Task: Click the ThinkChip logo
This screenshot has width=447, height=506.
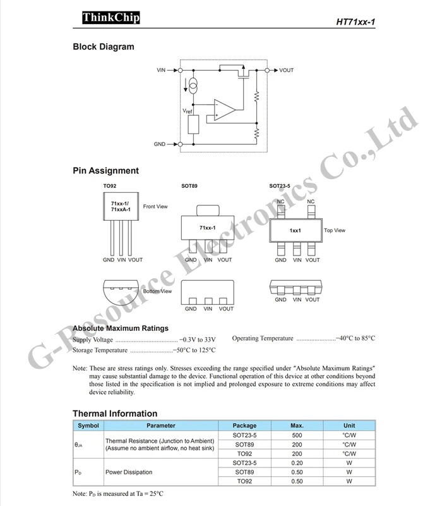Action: pyautogui.click(x=110, y=18)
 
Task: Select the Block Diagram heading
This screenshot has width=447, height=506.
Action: pyautogui.click(x=104, y=46)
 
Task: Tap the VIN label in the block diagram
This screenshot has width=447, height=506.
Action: pyautogui.click(x=161, y=70)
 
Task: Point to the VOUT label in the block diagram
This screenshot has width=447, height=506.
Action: pyautogui.click(x=286, y=70)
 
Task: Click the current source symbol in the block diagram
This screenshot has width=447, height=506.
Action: pyautogui.click(x=194, y=85)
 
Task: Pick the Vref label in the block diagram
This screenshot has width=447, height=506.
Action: pyautogui.click(x=188, y=111)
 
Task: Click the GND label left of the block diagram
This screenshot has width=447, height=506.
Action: pyautogui.click(x=160, y=144)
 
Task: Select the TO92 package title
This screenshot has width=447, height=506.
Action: pyautogui.click(x=110, y=186)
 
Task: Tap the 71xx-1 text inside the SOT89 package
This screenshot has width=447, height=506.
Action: pyautogui.click(x=208, y=227)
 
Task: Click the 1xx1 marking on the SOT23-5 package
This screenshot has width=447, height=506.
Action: pyautogui.click(x=295, y=231)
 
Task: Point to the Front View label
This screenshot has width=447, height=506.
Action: pyautogui.click(x=155, y=206)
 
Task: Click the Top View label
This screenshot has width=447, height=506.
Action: pyautogui.click(x=335, y=230)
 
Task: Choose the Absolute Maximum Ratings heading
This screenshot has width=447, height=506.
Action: pyautogui.click(x=121, y=328)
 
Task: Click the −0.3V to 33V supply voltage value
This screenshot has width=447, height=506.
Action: pyautogui.click(x=198, y=339)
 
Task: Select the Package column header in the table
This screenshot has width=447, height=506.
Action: pyautogui.click(x=245, y=426)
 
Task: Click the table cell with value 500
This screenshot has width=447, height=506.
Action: pyautogui.click(x=297, y=436)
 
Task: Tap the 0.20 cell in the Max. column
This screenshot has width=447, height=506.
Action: pyautogui.click(x=297, y=463)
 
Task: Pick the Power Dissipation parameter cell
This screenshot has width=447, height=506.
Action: pyautogui.click(x=129, y=472)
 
